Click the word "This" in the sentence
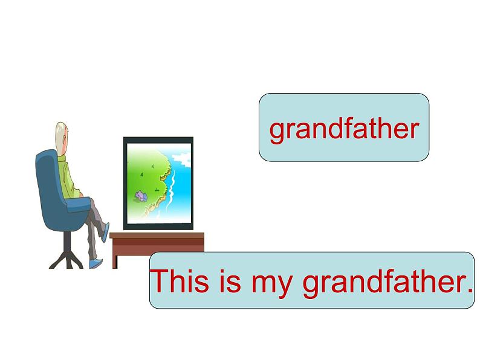tap(180, 281)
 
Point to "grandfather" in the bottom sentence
tap(385, 283)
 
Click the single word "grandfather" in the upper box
tap(344, 130)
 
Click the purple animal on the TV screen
tap(141, 196)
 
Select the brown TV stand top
tap(157, 236)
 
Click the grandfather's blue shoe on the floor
tap(96, 263)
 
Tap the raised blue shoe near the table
tap(105, 232)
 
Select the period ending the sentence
tap(470, 291)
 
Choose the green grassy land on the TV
tap(146, 181)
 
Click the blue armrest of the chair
tap(79, 204)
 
